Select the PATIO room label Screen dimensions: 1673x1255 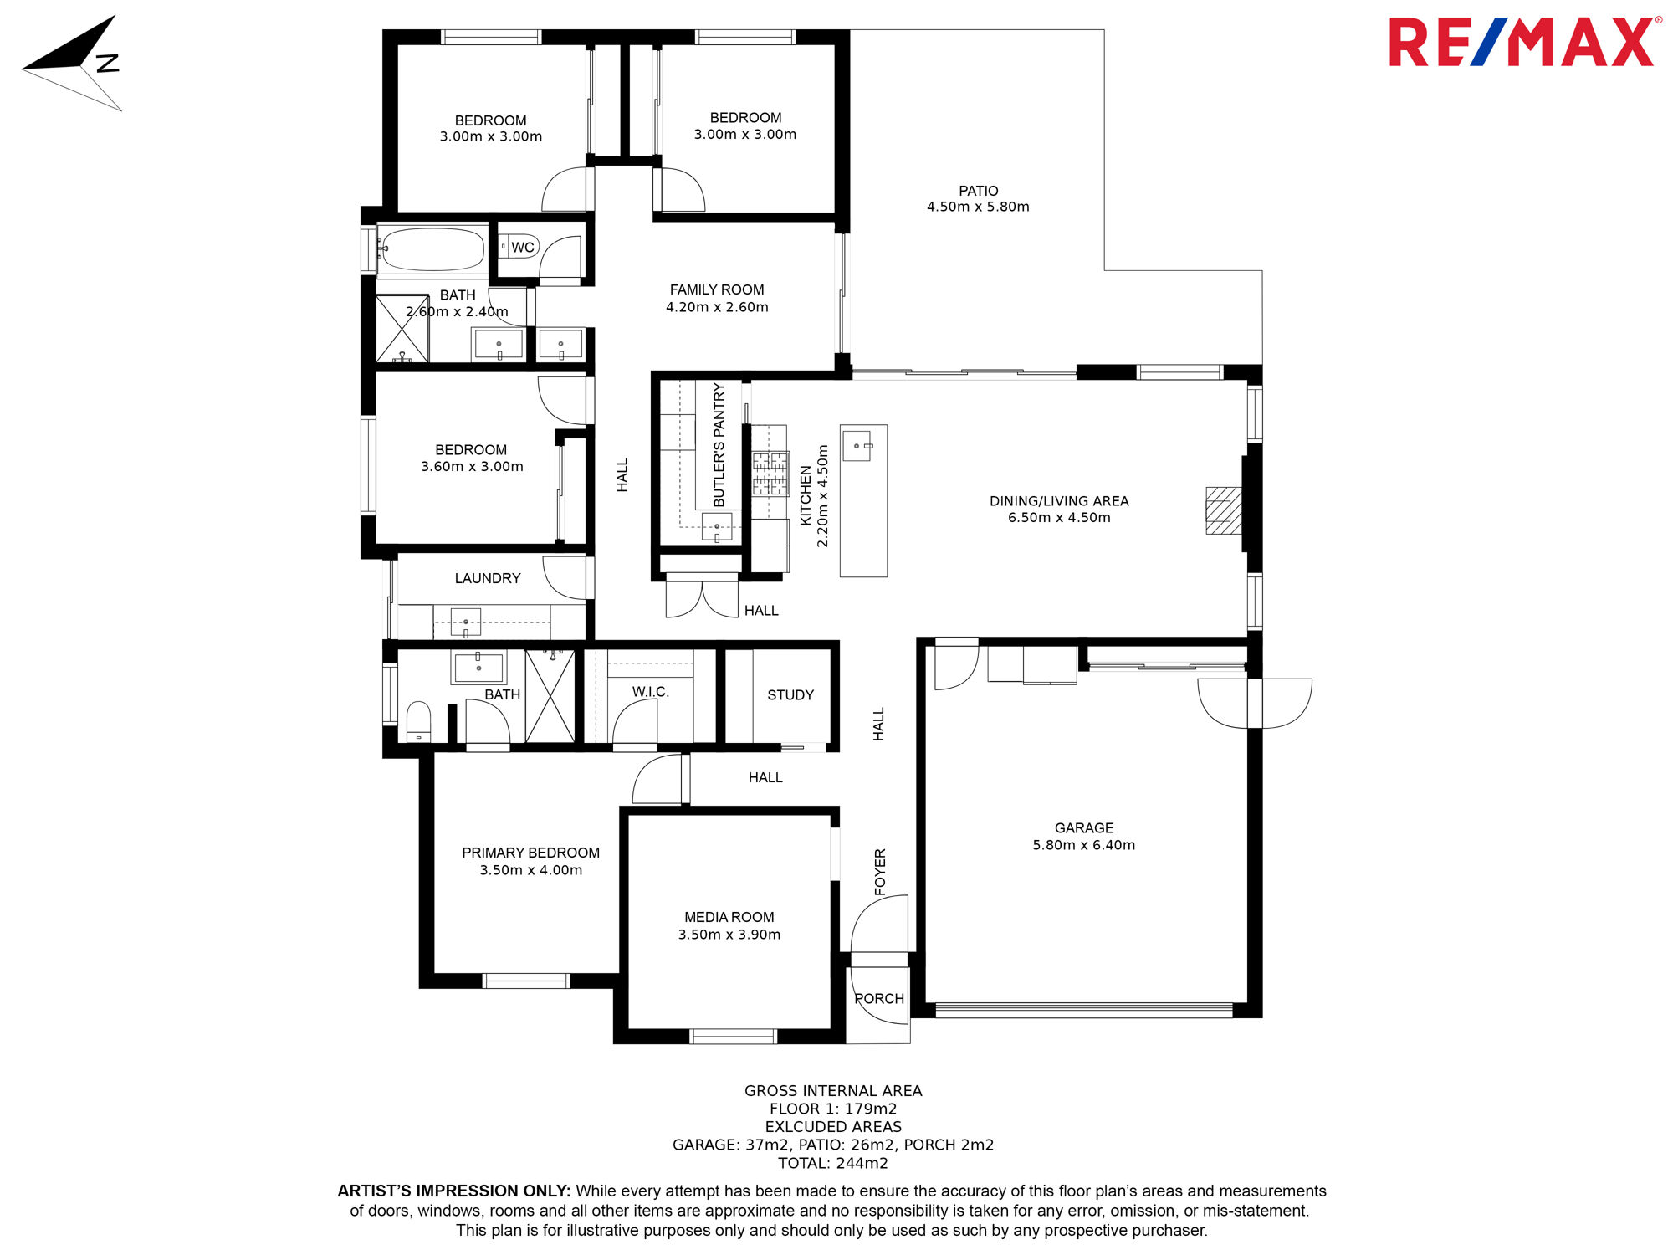(x=978, y=191)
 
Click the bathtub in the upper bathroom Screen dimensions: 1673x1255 (x=432, y=249)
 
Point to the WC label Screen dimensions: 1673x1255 (x=523, y=247)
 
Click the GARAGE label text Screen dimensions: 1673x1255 (x=1084, y=827)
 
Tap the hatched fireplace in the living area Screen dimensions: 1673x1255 (x=1223, y=510)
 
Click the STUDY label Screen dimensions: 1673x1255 (x=790, y=694)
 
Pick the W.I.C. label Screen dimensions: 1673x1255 (x=651, y=692)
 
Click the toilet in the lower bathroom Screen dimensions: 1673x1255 (x=418, y=720)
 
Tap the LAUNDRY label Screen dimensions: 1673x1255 (x=488, y=578)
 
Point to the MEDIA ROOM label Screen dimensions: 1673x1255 (x=729, y=917)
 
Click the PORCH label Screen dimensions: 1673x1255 (x=879, y=998)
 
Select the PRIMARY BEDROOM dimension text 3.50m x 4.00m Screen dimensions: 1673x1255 (x=531, y=870)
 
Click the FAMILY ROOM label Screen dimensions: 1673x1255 (x=717, y=289)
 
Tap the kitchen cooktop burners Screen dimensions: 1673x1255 (x=770, y=474)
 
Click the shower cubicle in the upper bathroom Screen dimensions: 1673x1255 (x=402, y=328)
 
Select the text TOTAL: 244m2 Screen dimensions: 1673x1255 (x=833, y=1163)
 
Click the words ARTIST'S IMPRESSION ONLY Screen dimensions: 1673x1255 (x=454, y=1191)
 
